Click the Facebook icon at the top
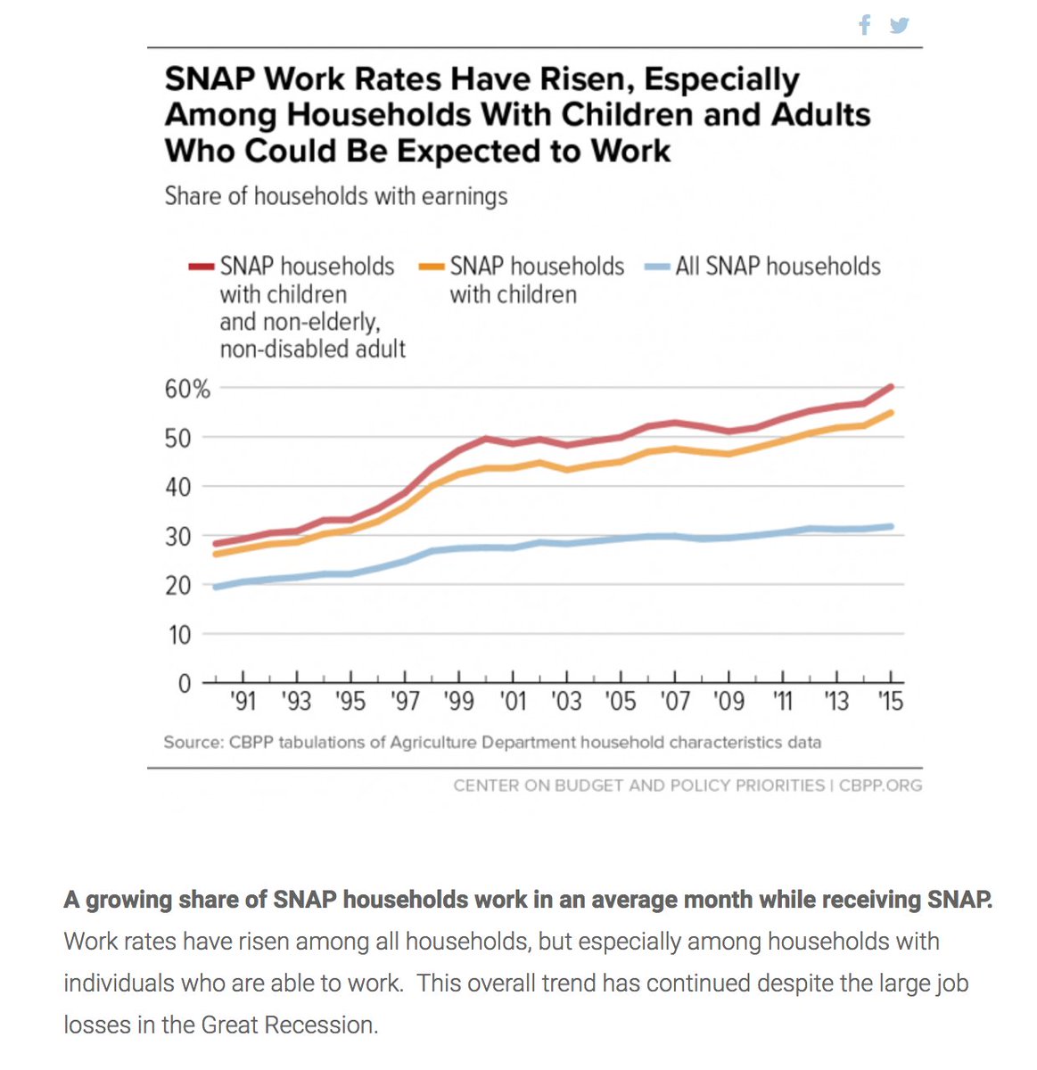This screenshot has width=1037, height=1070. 864,25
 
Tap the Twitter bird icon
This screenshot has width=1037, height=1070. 899,25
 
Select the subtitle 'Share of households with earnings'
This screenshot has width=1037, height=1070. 335,196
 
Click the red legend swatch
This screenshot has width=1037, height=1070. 202,267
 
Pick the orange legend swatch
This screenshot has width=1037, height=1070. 432,267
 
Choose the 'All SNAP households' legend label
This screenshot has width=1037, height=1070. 778,267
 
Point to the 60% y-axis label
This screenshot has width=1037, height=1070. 187,389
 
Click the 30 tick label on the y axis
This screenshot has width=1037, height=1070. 178,537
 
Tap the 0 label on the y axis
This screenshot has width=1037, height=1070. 185,684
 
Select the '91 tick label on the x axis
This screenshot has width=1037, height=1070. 243,702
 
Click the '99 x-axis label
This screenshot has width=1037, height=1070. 458,702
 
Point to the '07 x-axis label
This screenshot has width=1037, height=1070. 675,702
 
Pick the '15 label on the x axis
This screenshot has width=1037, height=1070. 890,702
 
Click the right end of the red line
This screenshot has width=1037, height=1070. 891,386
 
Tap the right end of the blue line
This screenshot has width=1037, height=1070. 891,526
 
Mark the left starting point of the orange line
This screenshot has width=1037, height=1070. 216,555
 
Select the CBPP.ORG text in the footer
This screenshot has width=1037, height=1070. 880,786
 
